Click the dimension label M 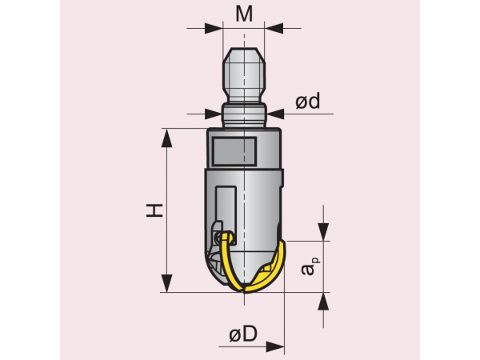point(244,14)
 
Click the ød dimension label point(308,101)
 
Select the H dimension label point(154,210)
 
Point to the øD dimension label point(243,334)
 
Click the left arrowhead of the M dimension point(214,28)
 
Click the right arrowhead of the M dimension point(274,28)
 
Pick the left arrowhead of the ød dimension point(214,114)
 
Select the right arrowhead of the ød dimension point(275,114)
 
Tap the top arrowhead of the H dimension point(166,138)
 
